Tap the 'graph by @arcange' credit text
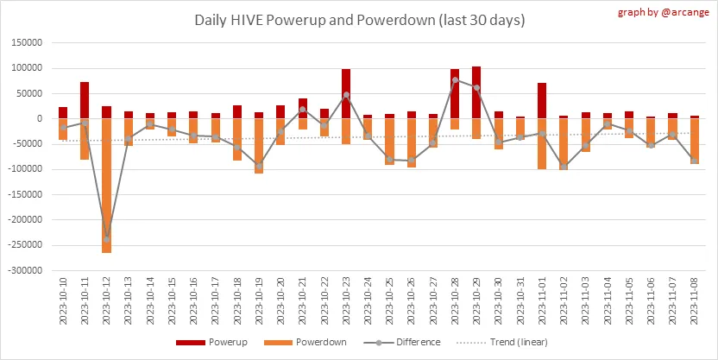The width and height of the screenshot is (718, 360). coord(664,13)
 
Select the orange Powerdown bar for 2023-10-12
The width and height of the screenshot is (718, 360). coord(106,185)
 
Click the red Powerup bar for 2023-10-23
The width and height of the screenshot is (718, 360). coord(345,93)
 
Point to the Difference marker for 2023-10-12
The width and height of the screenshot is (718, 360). coord(106,238)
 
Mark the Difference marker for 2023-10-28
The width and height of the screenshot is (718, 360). coord(454,79)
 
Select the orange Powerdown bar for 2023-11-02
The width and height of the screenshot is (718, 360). coord(563,143)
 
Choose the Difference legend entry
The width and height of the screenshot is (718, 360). coord(406,342)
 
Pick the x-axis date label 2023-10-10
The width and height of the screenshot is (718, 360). coord(63,302)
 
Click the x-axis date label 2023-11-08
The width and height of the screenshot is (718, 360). coord(693,302)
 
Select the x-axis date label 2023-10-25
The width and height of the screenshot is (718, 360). coord(389,302)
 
